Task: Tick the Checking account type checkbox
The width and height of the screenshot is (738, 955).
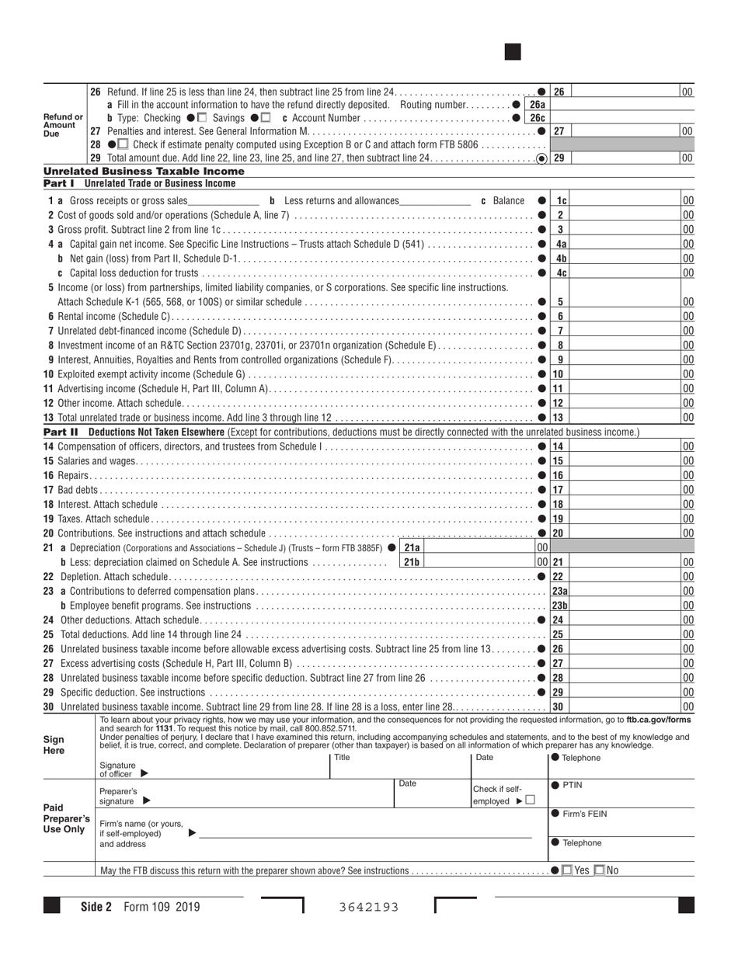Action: click(203, 118)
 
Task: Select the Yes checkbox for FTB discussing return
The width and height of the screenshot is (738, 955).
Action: click(567, 870)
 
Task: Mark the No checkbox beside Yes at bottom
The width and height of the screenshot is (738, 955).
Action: click(599, 870)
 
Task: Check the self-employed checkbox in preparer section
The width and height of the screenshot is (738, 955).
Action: click(530, 800)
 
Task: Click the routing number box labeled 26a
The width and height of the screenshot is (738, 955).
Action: click(537, 105)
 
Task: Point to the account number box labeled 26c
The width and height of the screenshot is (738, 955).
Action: click(537, 118)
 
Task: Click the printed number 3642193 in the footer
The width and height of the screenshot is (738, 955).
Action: click(368, 906)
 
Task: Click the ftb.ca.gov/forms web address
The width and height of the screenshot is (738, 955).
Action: click(658, 720)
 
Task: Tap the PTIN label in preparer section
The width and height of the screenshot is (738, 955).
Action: click(572, 785)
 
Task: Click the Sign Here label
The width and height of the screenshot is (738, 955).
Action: click(54, 745)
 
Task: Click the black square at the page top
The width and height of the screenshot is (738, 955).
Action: click(512, 52)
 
